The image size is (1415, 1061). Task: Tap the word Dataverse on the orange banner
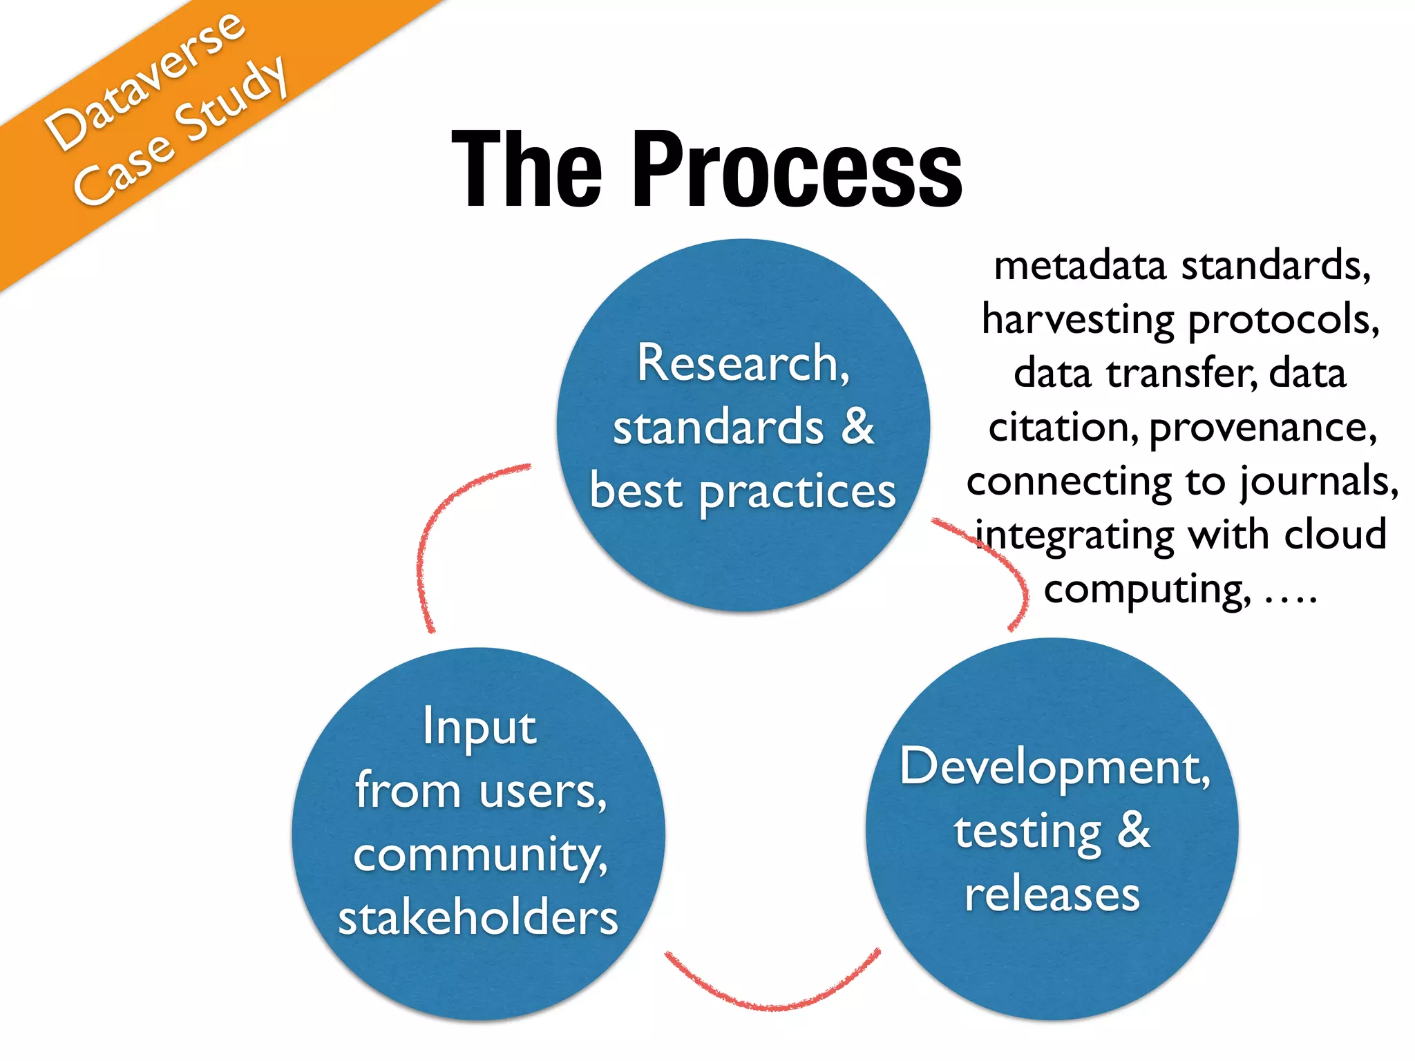click(x=145, y=82)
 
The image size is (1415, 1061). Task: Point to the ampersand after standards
click(x=857, y=426)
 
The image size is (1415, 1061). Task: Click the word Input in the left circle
click(x=479, y=727)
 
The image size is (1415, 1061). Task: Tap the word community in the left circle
click(x=479, y=855)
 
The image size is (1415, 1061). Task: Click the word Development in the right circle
click(x=1054, y=767)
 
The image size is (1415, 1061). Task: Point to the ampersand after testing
click(x=1134, y=830)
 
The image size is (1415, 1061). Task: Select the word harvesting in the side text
click(x=1079, y=320)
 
